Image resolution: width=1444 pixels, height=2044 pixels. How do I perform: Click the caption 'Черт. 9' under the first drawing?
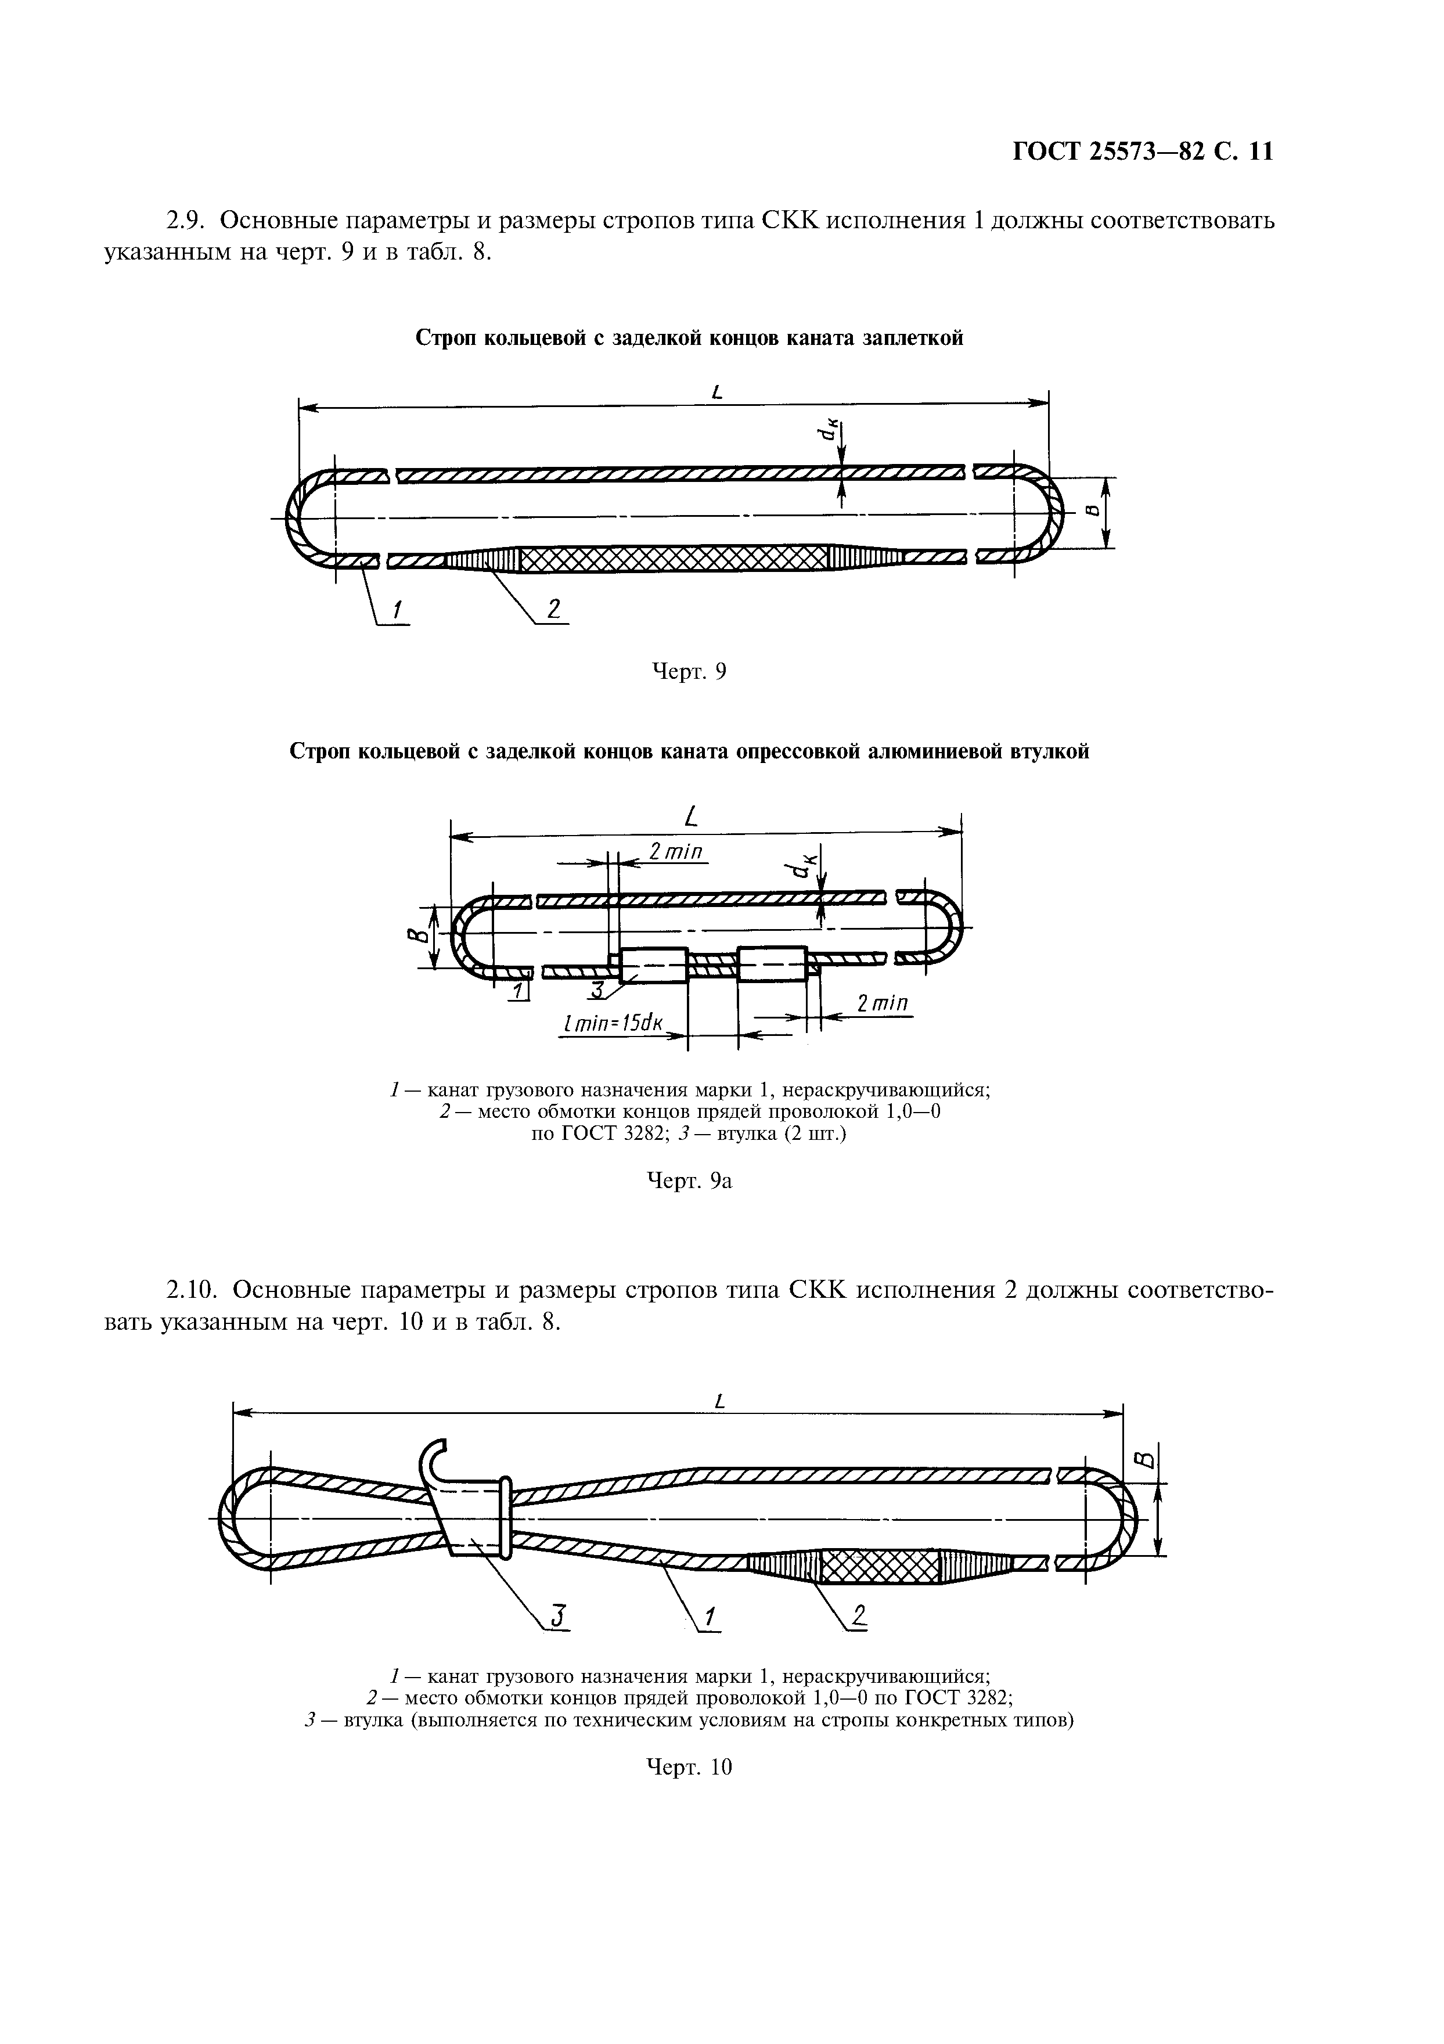click(x=689, y=671)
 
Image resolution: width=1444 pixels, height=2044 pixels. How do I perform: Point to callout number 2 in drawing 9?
click(x=554, y=610)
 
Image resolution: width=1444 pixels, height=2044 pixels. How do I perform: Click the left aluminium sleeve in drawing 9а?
click(x=653, y=964)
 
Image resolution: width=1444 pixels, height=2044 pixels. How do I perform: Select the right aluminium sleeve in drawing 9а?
click(x=772, y=964)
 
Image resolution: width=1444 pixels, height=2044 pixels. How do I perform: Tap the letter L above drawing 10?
click(x=720, y=1401)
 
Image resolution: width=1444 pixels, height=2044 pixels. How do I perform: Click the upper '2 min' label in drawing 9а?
click(x=676, y=852)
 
